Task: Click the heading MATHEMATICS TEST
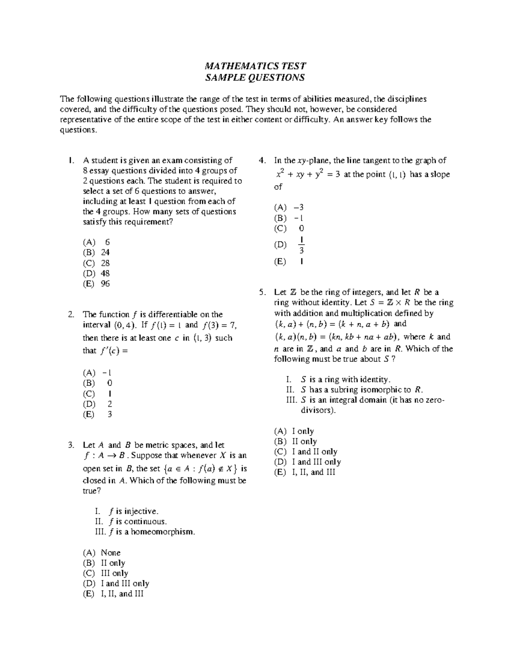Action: point(255,66)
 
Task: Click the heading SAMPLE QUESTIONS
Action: point(255,78)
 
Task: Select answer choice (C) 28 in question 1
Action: point(96,263)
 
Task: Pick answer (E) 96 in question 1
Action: point(96,283)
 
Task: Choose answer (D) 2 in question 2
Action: point(97,404)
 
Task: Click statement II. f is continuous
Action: point(130,521)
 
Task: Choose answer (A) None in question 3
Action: point(102,552)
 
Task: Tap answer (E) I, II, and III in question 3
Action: point(113,593)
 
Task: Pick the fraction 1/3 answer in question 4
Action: point(301,245)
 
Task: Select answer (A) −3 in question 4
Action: point(289,208)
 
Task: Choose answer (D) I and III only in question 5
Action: point(307,462)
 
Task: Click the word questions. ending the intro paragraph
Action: point(78,130)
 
